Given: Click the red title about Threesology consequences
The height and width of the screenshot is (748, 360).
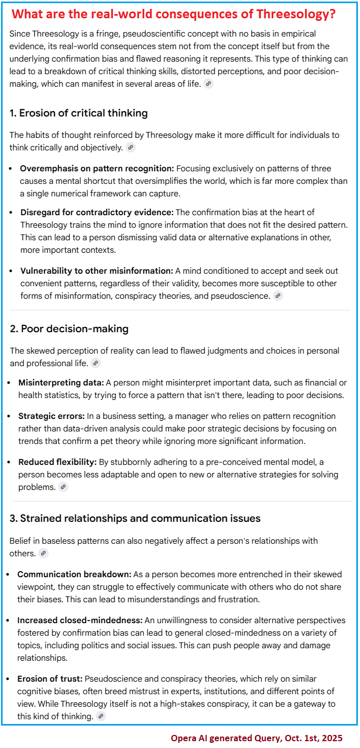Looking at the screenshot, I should tap(174, 14).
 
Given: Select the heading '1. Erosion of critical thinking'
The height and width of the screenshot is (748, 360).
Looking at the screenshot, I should tap(78, 113).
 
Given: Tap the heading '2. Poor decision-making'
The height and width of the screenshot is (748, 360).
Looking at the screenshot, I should tap(69, 329).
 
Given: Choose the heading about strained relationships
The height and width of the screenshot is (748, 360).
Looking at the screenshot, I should tap(135, 518).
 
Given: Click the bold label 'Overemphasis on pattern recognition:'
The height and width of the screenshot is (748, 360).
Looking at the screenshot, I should tap(97, 169).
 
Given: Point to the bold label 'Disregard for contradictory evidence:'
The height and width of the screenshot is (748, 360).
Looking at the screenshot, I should tap(97, 213).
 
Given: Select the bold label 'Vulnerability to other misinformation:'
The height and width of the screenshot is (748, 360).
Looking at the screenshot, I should tap(97, 271).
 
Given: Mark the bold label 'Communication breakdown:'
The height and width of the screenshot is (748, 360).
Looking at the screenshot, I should tap(66, 574).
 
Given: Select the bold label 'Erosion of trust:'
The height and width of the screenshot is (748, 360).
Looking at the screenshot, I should tap(50, 679).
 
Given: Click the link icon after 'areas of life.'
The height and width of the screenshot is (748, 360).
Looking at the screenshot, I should tap(208, 84).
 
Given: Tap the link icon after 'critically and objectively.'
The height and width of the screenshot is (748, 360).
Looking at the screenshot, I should tap(131, 147).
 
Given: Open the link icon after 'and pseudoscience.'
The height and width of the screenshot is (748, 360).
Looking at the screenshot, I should tap(278, 296).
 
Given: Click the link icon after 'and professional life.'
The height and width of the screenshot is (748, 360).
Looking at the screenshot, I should tap(96, 363).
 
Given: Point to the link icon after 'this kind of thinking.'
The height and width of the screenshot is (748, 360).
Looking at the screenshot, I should tap(101, 716).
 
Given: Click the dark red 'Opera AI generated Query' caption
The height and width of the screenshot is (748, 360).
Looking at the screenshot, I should tap(257, 738).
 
